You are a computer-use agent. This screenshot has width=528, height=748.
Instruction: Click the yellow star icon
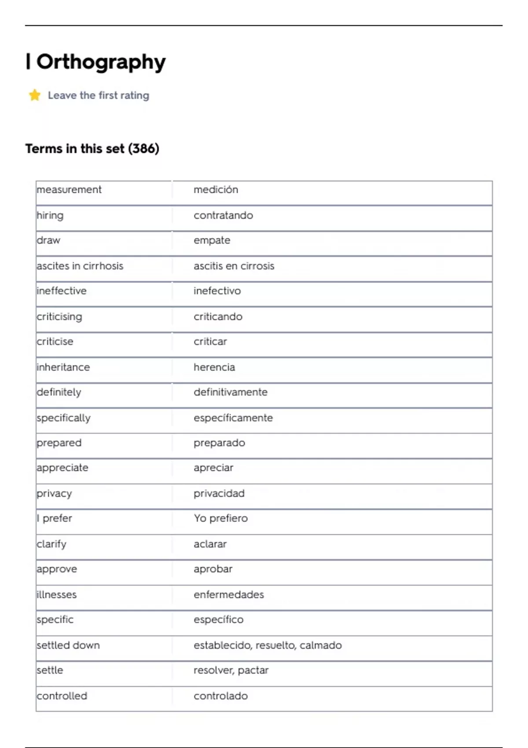click(x=35, y=95)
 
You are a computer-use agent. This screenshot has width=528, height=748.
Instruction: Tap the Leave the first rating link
click(x=99, y=95)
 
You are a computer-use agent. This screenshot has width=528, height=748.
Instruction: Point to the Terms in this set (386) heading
click(x=92, y=149)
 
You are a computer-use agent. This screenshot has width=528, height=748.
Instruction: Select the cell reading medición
click(x=216, y=190)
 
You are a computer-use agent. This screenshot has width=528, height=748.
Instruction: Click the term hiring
click(x=50, y=215)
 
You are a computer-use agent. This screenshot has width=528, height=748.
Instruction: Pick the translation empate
click(x=212, y=240)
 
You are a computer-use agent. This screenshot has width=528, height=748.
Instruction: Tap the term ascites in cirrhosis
click(x=80, y=266)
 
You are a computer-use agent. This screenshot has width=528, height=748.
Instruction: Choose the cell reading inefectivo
click(x=217, y=291)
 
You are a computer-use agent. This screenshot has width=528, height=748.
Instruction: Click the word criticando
click(x=218, y=316)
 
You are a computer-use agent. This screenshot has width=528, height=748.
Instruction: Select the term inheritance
click(x=63, y=367)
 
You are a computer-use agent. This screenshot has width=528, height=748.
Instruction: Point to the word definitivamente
click(x=230, y=392)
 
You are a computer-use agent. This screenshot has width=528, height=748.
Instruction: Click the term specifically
click(x=64, y=418)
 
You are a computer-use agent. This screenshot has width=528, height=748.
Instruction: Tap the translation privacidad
click(x=219, y=493)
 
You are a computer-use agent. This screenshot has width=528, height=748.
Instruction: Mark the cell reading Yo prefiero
click(x=220, y=518)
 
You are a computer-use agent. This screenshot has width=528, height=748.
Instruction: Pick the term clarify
click(x=51, y=544)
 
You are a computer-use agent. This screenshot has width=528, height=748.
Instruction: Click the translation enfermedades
click(x=228, y=594)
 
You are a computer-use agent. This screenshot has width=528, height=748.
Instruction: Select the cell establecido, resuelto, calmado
click(x=268, y=645)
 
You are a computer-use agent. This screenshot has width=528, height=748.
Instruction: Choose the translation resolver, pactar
click(x=231, y=670)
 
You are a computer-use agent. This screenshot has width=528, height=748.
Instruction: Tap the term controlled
click(x=62, y=696)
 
